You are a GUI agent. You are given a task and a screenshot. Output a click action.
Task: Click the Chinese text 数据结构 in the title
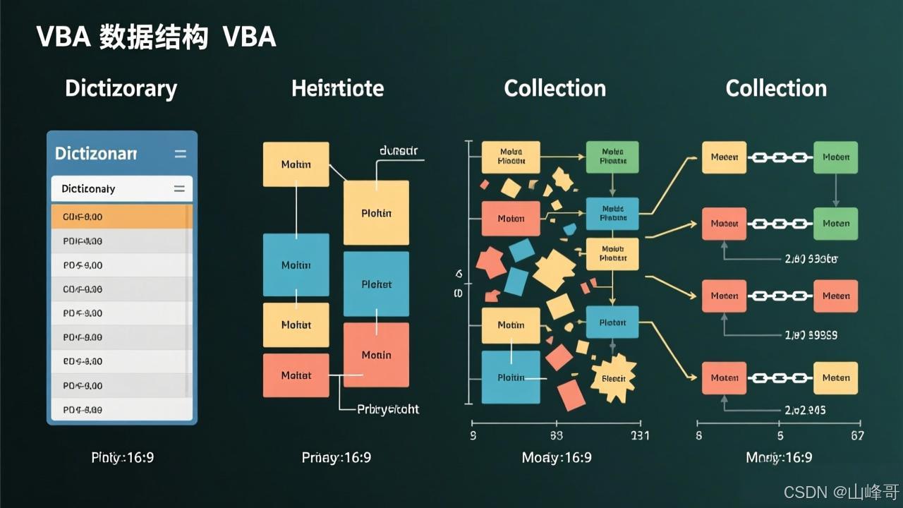[153, 37]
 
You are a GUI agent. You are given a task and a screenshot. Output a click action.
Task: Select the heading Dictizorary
[121, 88]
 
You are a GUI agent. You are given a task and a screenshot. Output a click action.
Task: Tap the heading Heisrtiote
[337, 88]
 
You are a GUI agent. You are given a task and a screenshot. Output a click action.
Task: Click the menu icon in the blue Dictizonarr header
[180, 154]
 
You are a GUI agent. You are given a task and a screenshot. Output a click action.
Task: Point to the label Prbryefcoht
[388, 409]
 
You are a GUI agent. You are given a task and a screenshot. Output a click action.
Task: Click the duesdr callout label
[399, 150]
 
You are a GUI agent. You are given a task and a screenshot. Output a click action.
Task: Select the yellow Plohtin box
[376, 213]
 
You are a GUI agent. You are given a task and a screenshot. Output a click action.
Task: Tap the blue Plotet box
[376, 284]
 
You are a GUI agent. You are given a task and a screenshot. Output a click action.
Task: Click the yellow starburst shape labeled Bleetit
[613, 377]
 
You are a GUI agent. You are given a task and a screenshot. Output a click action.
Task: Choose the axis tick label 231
[639, 436]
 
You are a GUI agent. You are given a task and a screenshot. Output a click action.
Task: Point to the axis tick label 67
[857, 436]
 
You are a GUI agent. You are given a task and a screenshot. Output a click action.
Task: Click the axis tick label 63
[556, 436]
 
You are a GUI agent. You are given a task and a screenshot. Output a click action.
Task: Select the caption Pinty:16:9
[123, 457]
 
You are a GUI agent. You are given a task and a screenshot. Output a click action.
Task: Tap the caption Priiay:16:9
[336, 457]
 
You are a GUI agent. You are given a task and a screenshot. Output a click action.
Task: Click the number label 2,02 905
[805, 410]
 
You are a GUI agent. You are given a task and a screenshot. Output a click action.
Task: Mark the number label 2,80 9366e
[811, 259]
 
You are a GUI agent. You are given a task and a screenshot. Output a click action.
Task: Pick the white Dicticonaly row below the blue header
[121, 189]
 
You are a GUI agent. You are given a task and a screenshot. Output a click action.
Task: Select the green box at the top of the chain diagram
[835, 157]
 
